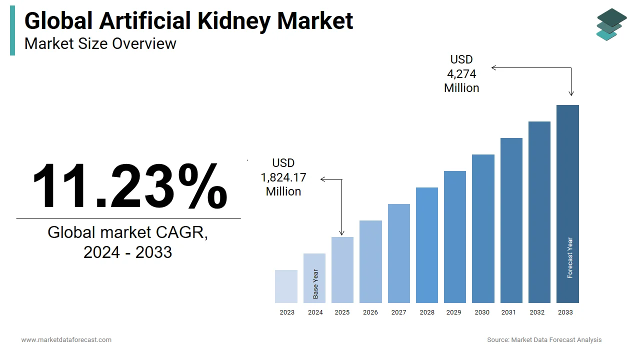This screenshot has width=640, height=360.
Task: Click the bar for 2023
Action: [286, 286]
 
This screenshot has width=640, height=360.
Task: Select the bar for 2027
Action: [398, 253]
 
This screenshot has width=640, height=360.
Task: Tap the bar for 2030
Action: [483, 228]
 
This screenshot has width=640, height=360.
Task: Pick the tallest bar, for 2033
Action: [567, 204]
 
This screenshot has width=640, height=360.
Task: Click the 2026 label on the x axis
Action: [370, 312]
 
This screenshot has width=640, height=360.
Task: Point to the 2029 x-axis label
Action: [453, 312]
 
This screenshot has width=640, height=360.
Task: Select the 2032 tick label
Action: [537, 312]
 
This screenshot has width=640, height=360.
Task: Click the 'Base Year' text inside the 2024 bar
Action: [315, 284]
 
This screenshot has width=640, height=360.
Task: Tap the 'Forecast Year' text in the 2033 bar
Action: [570, 257]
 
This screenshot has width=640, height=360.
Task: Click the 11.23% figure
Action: [129, 186]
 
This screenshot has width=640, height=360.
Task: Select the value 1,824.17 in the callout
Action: [283, 177]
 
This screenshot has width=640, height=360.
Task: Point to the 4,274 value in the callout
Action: [461, 74]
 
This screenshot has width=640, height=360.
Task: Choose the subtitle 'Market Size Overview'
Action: [100, 44]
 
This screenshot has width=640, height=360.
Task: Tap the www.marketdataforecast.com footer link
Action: [66, 340]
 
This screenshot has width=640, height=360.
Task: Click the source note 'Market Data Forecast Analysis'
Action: [556, 340]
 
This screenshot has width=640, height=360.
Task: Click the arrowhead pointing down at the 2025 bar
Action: [342, 233]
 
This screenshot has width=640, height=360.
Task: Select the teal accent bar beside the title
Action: [12, 31]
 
